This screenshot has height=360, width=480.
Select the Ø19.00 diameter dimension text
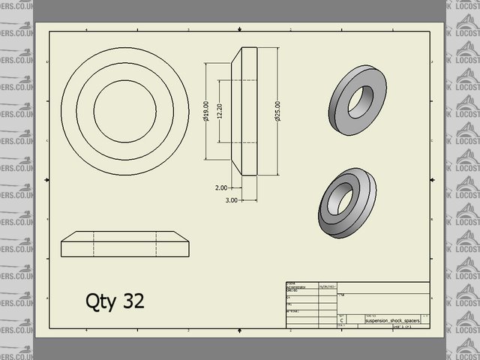[205, 112]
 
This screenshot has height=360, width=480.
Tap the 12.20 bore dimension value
[219, 112]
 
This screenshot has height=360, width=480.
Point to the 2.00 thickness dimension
[220, 187]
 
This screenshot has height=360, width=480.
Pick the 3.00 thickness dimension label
[231, 200]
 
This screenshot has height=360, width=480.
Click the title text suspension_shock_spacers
[392, 319]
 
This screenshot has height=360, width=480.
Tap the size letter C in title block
[343, 319]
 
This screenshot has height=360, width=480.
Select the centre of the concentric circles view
[124, 101]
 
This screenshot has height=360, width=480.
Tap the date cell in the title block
[328, 286]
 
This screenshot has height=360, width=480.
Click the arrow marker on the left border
[46, 180]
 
